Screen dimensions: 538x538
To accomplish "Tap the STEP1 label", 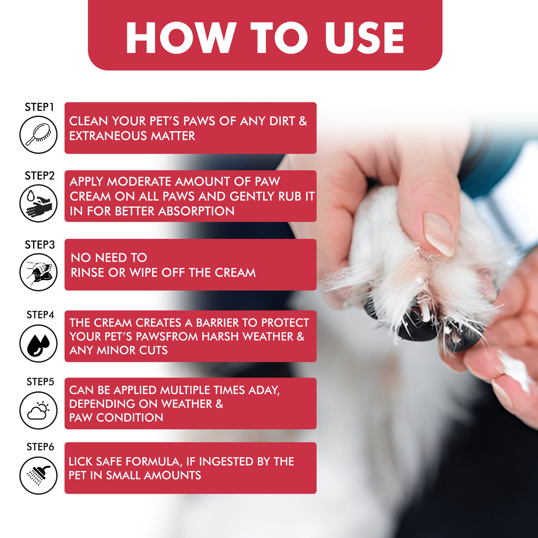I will coord(39,107).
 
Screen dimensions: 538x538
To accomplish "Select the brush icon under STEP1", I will coord(38,134).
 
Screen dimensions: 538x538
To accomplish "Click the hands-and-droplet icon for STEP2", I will coord(38,203).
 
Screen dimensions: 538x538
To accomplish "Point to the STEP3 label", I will coord(40,245).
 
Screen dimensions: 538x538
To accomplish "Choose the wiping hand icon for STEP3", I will coord(38,272).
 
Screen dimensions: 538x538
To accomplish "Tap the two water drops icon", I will coord(38,343).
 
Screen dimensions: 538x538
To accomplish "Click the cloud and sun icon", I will coord(38,411).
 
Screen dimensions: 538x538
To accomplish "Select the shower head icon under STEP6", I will coord(38,475).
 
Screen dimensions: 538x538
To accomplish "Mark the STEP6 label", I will coord(40,446).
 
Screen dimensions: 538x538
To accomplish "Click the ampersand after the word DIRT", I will coord(303,121).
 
